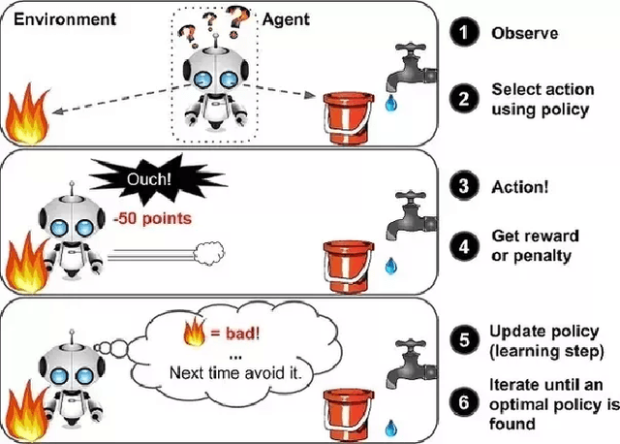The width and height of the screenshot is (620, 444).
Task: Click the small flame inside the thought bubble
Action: tap(192, 335)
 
